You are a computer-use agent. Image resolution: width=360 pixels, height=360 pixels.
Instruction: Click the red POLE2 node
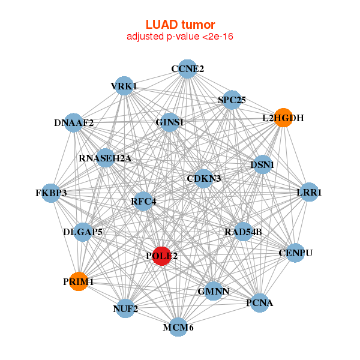coord(161,256)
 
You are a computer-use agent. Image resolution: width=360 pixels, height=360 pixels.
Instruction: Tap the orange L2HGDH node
coord(283,118)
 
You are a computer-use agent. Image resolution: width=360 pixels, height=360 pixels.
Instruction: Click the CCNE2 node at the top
coord(187,69)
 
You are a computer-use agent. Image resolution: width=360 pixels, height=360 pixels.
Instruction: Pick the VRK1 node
coord(124,86)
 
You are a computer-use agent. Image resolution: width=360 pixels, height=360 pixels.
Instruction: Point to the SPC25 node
coord(232,100)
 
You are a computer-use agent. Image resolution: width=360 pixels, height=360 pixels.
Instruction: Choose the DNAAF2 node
coord(73,123)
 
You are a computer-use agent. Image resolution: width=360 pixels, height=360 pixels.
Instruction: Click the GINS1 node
coord(169,122)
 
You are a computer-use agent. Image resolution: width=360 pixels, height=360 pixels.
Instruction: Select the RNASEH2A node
coord(105,158)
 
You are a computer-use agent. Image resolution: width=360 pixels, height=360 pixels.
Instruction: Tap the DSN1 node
coord(262,164)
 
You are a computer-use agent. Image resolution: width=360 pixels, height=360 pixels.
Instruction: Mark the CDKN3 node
coord(204,178)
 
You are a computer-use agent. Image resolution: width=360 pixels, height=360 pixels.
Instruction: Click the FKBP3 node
coord(51,193)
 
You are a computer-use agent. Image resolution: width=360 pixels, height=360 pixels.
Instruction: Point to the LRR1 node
coord(309,193)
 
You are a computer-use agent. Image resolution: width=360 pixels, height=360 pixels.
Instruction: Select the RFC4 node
coord(143,201)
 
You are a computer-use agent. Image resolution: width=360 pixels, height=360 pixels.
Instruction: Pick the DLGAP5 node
coord(83,232)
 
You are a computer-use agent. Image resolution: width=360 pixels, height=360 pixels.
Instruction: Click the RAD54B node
coord(243,232)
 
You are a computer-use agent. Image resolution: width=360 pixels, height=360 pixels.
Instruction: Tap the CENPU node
coord(296,253)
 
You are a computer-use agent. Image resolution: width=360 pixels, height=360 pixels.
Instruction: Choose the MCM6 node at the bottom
coord(178,327)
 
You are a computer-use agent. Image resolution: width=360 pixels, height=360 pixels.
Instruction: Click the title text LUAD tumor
coord(179,25)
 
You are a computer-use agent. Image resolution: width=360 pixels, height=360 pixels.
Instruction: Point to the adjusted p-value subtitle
coord(179,37)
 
